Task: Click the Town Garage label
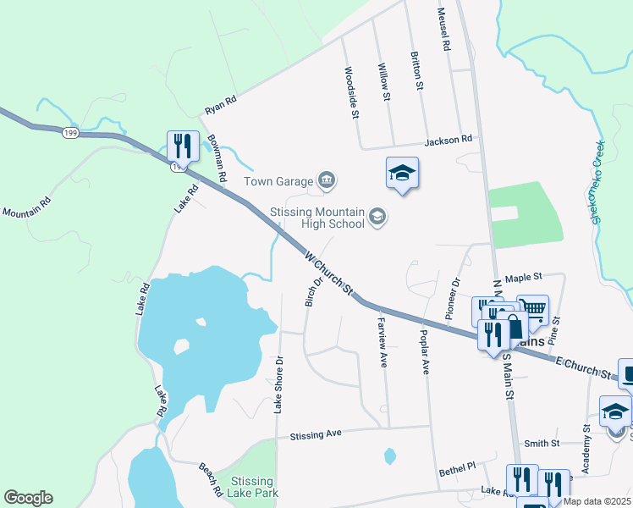[278, 180]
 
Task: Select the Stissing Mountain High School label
[316, 218]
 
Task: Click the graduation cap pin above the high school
[403, 174]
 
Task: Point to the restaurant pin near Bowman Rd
[183, 146]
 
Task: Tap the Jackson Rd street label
[449, 140]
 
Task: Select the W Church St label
[329, 272]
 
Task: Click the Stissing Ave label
[315, 433]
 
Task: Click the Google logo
[28, 498]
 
